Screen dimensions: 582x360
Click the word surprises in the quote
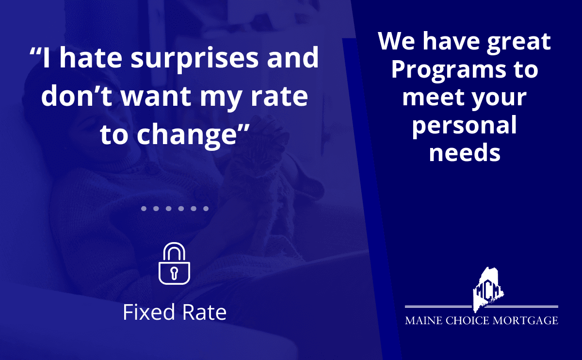[x=194, y=59]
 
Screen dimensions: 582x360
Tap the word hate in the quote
[x=91, y=57]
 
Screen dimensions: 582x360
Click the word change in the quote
[x=187, y=135]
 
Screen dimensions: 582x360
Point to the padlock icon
[x=174, y=263]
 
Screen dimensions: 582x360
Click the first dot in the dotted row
[x=144, y=209]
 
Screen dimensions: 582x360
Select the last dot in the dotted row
[x=206, y=209]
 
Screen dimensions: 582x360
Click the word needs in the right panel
[x=465, y=153]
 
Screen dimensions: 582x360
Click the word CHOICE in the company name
[x=467, y=321]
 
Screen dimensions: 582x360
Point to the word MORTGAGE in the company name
[x=525, y=321]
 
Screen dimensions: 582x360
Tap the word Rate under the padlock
[x=204, y=312]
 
